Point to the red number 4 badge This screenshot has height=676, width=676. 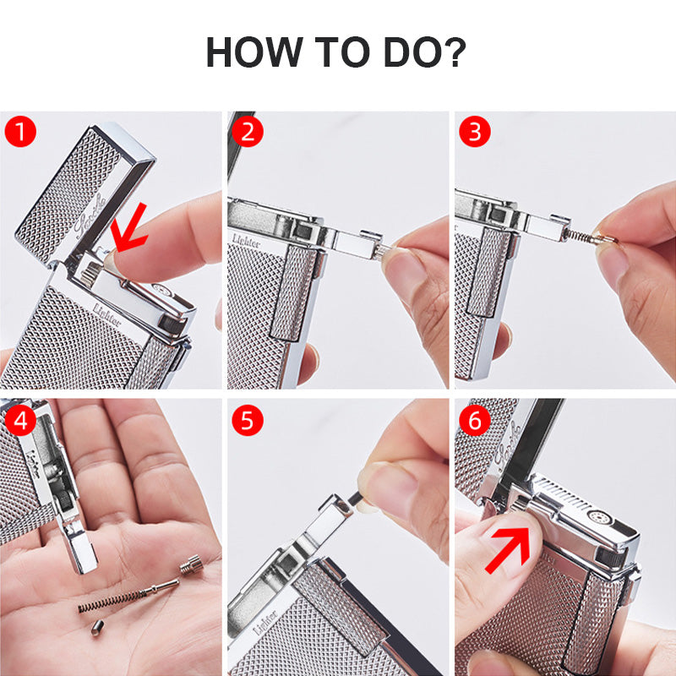point(20,420)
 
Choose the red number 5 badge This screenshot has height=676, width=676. point(248,420)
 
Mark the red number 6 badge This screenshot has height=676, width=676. point(475,420)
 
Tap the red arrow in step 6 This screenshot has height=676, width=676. point(509,550)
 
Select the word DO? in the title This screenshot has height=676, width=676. point(425,52)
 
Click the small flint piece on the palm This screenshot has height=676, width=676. point(97,627)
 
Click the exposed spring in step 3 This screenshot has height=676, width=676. point(578,236)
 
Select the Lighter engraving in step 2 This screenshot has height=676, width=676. point(246,241)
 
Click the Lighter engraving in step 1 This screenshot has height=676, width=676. point(106,314)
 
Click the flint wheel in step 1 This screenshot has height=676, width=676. point(91,275)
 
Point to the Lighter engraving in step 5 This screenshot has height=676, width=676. point(265,622)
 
